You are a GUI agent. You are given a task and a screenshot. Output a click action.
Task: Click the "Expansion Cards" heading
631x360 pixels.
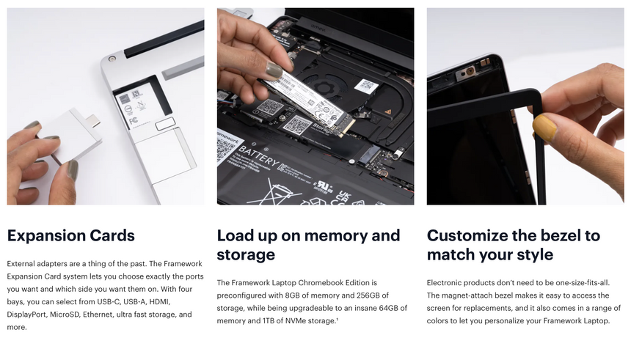[71, 235]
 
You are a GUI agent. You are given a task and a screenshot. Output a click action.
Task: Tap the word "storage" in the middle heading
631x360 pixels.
[246, 255]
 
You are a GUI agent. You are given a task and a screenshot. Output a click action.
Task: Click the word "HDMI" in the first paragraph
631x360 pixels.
[158, 301]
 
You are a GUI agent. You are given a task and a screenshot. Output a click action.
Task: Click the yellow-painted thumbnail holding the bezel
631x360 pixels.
[544, 128]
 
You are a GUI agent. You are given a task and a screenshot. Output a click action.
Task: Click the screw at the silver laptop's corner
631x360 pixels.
[112, 59]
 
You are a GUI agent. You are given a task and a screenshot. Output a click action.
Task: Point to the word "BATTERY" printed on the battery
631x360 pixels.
[258, 155]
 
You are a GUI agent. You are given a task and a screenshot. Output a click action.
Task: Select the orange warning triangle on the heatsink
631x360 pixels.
[388, 111]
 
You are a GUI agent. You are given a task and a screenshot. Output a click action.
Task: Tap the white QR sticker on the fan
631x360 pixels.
[366, 86]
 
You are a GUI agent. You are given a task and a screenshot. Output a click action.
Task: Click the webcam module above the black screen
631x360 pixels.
[467, 73]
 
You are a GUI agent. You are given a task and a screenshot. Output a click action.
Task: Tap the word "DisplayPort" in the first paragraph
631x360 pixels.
[26, 315]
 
